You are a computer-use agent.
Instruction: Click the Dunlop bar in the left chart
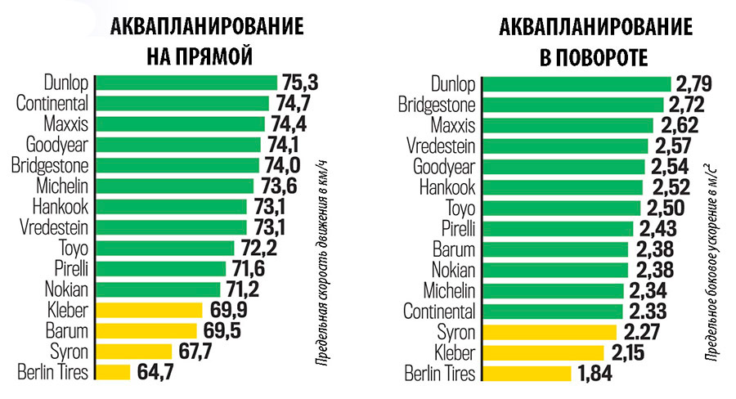pos(186,83)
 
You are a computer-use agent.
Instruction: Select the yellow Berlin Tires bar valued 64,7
pos(113,372)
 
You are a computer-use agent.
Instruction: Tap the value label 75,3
pos(299,83)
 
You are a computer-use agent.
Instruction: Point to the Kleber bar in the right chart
pos(543,352)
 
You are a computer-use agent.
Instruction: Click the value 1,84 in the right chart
pos(595,374)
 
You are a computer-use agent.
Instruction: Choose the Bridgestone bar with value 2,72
pos(572,105)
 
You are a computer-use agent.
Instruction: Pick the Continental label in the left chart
pos(52,103)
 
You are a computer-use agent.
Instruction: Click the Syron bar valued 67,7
pos(133,352)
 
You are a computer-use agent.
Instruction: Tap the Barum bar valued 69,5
pos(146,330)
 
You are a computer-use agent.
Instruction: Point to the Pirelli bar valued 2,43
pos(558,228)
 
